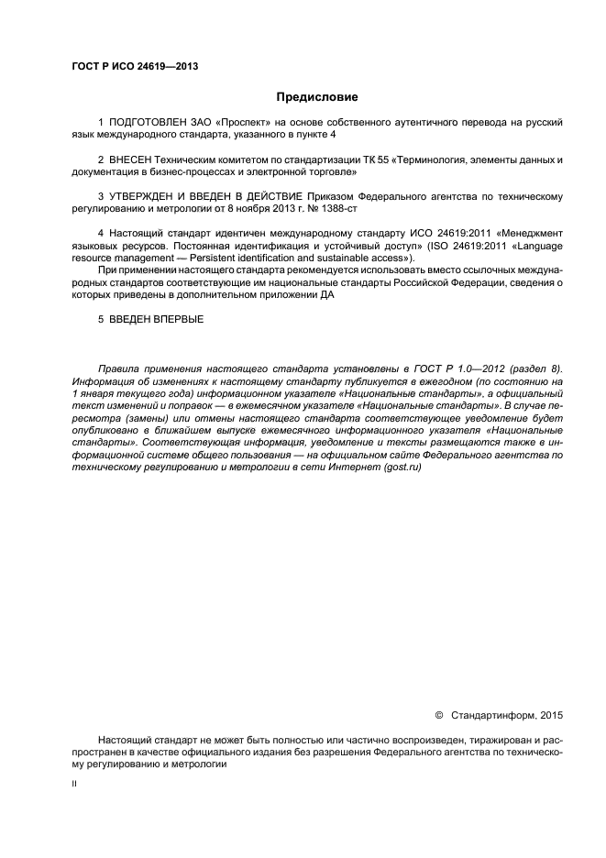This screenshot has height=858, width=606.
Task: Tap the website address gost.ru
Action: coord(402,467)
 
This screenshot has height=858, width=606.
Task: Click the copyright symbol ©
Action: coord(437,715)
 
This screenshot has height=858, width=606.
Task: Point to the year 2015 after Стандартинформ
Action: coord(553,715)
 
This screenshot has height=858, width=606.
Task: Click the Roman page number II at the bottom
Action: coord(75,786)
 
